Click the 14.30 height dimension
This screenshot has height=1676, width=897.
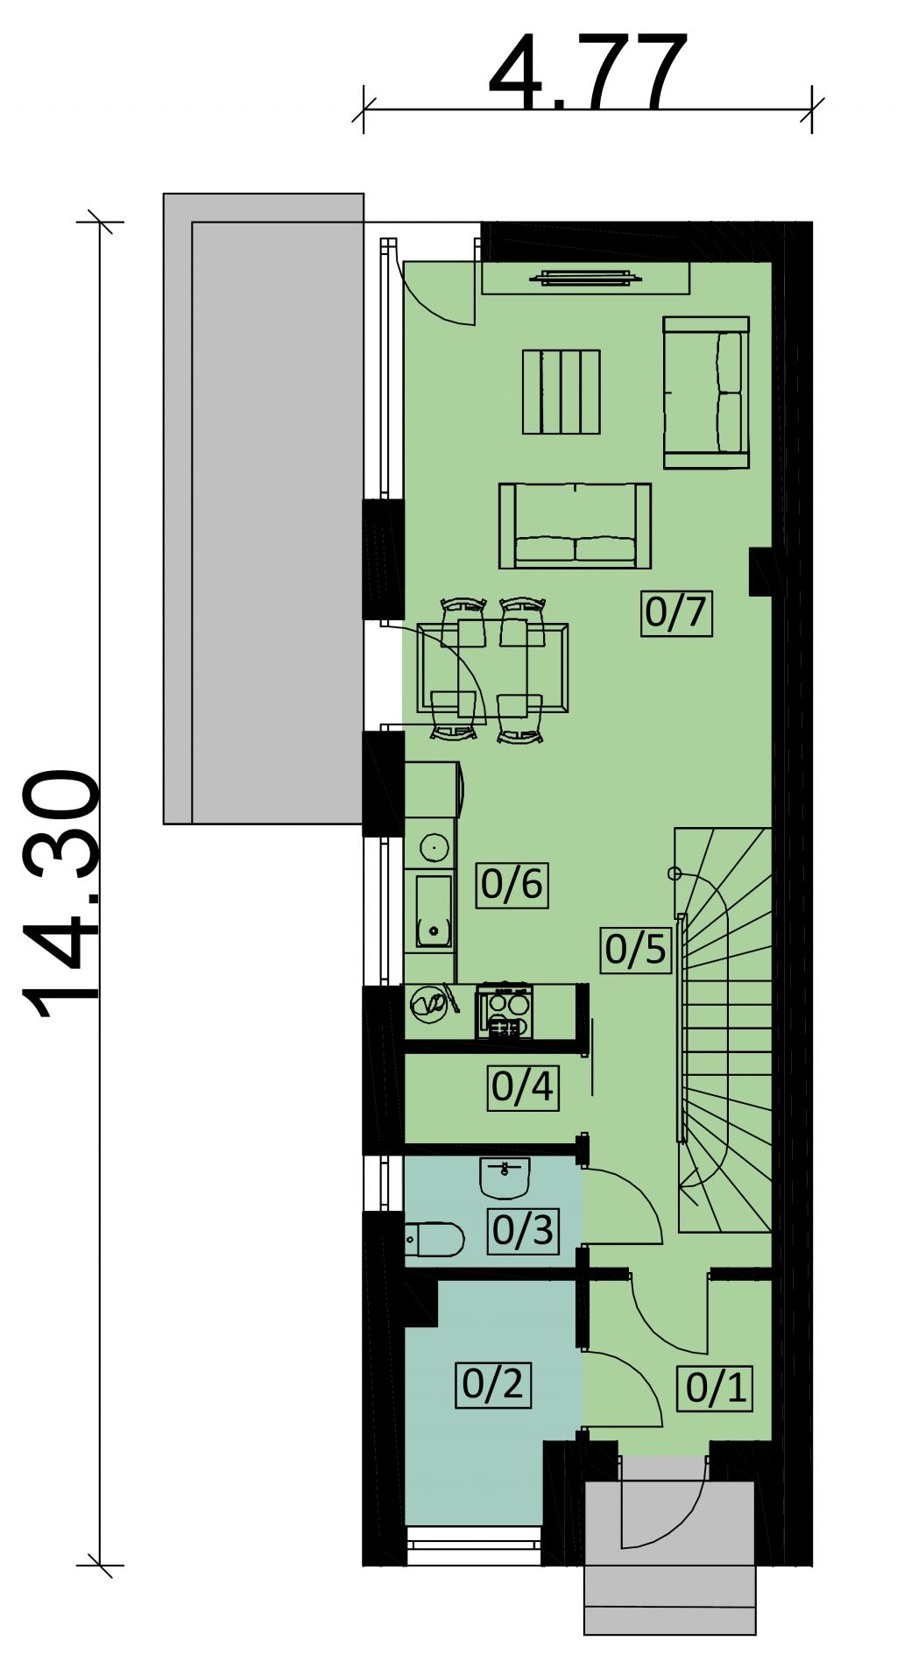click(x=60, y=894)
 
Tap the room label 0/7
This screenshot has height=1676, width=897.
click(x=675, y=612)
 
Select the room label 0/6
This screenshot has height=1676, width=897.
click(x=512, y=883)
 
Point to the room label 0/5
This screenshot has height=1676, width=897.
click(x=636, y=949)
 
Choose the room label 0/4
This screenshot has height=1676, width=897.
click(x=523, y=1087)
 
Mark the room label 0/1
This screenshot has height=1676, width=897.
click(x=716, y=1388)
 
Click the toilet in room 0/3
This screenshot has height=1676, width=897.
click(x=434, y=1240)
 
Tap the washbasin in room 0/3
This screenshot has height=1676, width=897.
click(x=505, y=1177)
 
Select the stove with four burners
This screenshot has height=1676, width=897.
click(x=505, y=1012)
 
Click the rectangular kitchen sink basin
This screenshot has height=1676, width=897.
click(x=433, y=911)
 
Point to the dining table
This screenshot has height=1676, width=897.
click(x=493, y=668)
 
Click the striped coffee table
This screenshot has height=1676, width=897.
click(x=562, y=392)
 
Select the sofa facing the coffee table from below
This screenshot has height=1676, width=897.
click(x=575, y=526)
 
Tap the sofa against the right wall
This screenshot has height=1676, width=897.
click(x=706, y=392)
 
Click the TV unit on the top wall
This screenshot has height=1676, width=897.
click(x=585, y=279)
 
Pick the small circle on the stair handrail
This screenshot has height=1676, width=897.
click(x=674, y=873)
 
